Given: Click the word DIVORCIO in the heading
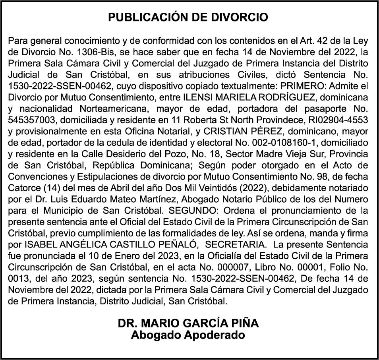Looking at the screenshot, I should pos(244,17).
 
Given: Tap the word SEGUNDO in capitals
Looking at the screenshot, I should pos(202,210).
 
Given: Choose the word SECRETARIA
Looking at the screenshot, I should pos(236,244).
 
